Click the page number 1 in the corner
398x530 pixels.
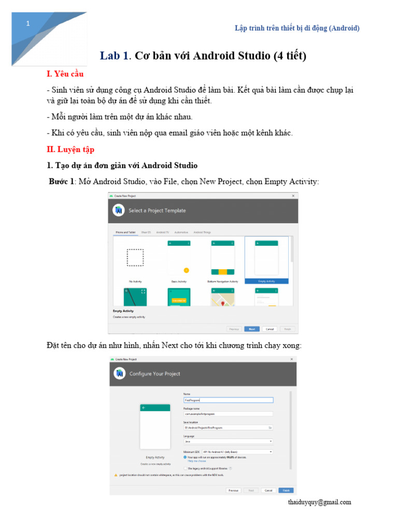[28, 24]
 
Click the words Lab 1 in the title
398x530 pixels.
[115, 56]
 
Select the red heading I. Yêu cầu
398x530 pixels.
[65, 74]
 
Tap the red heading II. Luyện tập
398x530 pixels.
[70, 149]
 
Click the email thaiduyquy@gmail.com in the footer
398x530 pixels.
[319, 502]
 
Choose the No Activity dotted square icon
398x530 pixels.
[135, 258]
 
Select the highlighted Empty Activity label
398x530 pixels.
[266, 281]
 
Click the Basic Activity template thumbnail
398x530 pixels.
[179, 258]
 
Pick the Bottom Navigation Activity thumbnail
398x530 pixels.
[222, 258]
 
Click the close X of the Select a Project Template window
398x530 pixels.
[293, 196]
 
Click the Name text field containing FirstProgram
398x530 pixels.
[228, 400]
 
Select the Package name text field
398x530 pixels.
[228, 414]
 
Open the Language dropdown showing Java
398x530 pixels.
[228, 441]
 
